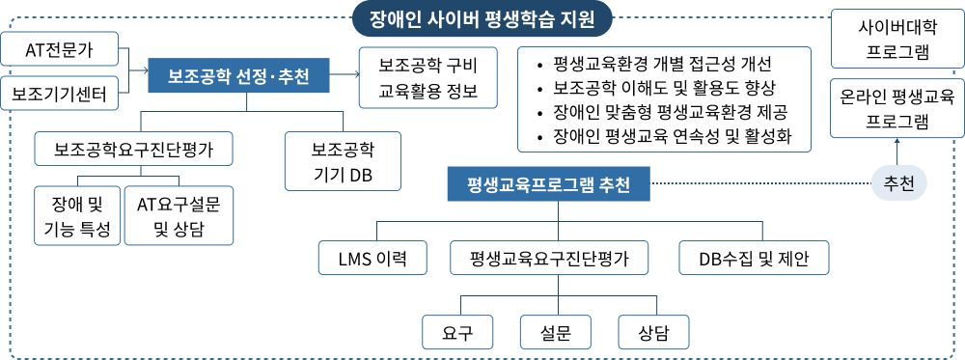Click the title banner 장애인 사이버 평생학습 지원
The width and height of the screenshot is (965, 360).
[x=482, y=18]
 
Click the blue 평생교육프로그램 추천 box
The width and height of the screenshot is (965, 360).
[x=549, y=183]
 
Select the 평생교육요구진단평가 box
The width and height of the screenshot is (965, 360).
[x=549, y=258]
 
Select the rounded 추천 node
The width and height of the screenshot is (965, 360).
[x=898, y=182]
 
